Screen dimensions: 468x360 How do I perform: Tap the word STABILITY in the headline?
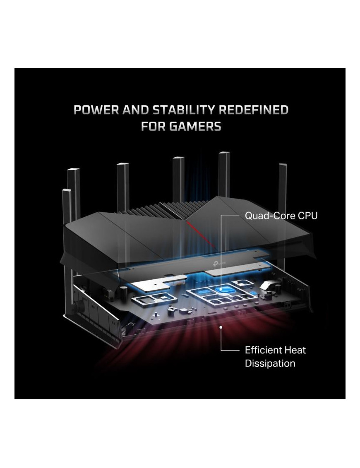pyautogui.click(x=179, y=110)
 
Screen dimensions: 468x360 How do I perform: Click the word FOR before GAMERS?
pyautogui.click(x=153, y=126)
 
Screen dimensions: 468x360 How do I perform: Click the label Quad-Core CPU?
pyautogui.click(x=281, y=216)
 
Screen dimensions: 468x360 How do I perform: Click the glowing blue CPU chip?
pyautogui.click(x=225, y=289)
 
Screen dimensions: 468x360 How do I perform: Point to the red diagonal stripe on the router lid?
pyautogui.click(x=201, y=234)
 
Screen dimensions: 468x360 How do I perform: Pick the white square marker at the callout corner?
pyautogui.click(x=224, y=216)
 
